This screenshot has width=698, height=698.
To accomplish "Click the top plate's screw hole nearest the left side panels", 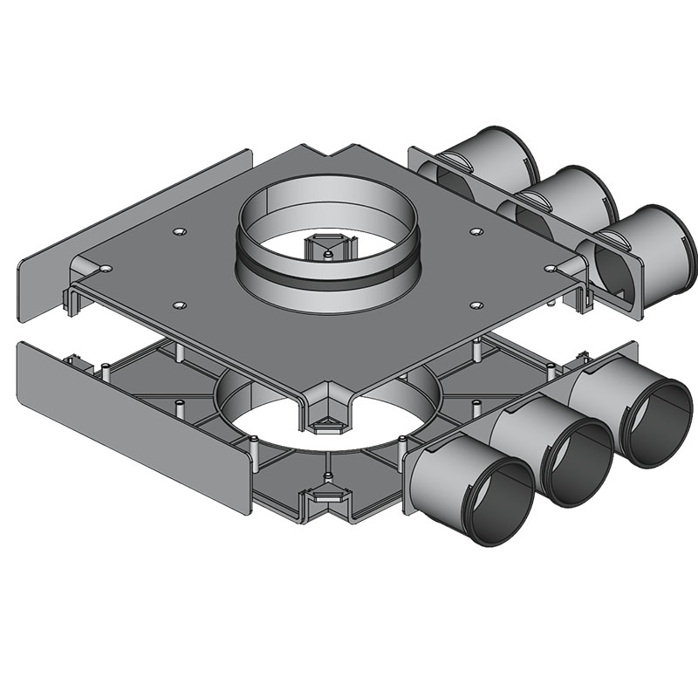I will coord(179,232).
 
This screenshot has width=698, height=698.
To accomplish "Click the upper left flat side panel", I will coord(131,218).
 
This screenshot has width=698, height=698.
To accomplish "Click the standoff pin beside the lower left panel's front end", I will coord(250,453).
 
